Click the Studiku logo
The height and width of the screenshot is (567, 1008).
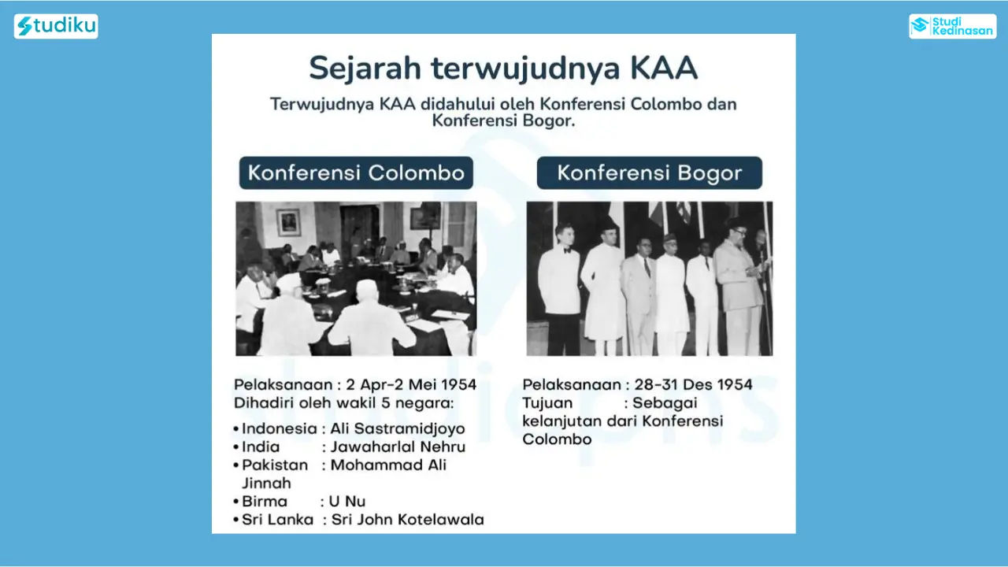56,26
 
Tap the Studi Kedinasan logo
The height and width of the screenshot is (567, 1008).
952,26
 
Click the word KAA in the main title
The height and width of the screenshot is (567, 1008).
663,69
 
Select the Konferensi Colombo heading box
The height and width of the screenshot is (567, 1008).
356,172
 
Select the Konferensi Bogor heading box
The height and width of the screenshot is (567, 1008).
650,172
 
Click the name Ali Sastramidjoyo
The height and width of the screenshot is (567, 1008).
398,428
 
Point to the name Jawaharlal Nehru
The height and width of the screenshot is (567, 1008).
398,447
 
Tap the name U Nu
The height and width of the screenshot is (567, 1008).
347,502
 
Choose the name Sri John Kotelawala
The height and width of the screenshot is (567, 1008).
408,520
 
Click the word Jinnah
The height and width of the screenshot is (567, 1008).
266,484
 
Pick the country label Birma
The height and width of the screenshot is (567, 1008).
264,502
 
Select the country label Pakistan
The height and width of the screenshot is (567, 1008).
275,465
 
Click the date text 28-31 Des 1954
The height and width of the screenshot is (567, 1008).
693,385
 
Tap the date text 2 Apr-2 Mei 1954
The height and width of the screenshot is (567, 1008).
411,385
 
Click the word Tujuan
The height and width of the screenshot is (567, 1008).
547,403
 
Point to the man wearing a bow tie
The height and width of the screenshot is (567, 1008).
559,288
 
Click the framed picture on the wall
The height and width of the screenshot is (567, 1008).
288,222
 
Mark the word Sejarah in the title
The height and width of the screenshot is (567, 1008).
365,69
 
